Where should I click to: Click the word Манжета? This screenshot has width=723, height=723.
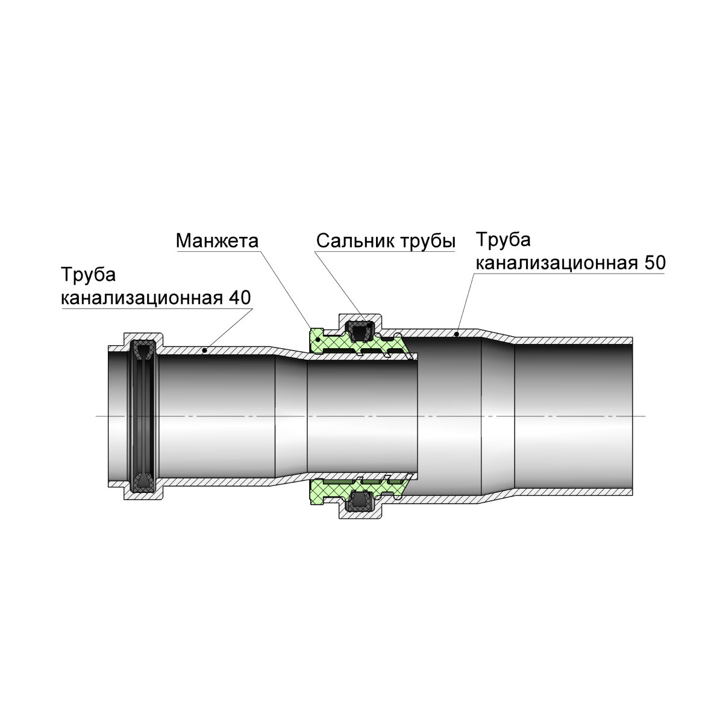217,241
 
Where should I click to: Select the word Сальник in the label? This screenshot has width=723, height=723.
354,242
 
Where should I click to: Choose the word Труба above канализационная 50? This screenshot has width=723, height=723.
504,240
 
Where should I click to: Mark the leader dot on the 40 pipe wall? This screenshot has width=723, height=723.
205,349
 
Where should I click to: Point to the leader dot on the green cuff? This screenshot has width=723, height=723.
318,340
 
